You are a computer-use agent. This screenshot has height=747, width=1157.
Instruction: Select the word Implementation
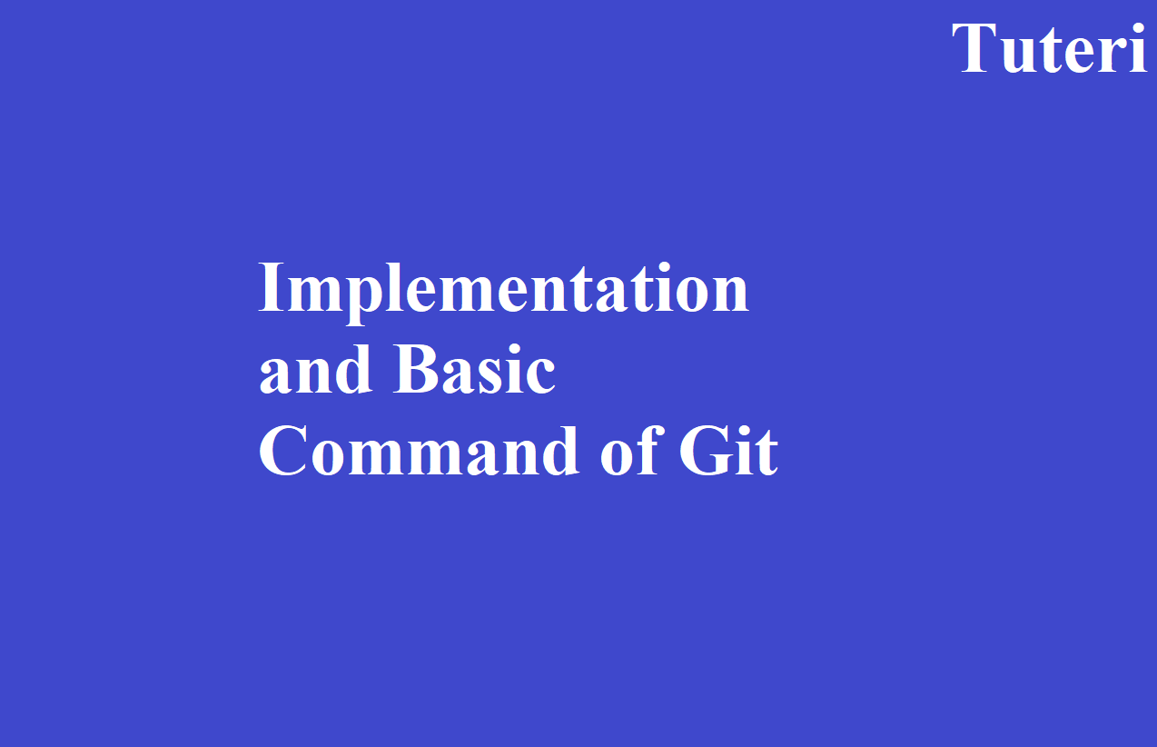click(504, 293)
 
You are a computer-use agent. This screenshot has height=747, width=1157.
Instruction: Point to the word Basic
click(474, 369)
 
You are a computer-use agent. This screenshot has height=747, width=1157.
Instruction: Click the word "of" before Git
click(629, 450)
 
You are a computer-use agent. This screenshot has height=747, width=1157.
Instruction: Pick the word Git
click(728, 450)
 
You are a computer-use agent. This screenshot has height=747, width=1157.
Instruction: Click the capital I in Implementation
click(272, 287)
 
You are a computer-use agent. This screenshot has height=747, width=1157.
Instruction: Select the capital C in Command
click(282, 451)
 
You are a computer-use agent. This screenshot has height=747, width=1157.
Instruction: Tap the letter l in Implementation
click(396, 286)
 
